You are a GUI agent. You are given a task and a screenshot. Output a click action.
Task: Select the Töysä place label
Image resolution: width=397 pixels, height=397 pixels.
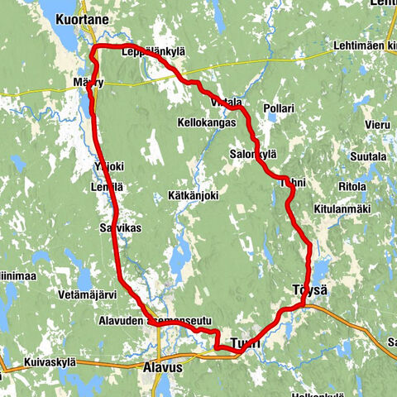click(x=309, y=290)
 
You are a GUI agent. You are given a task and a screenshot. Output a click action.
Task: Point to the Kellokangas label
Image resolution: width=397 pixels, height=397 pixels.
click(x=207, y=122)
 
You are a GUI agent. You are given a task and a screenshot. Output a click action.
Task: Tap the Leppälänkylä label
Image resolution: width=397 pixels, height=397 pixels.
click(x=153, y=52)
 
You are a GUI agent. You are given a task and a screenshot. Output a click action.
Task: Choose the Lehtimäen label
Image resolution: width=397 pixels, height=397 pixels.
click(x=361, y=46)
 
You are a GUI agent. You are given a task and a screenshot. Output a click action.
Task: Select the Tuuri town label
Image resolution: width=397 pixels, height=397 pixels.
click(x=245, y=342)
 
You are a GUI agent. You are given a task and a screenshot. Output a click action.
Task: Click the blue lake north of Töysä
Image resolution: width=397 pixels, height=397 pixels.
click(x=318, y=268)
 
